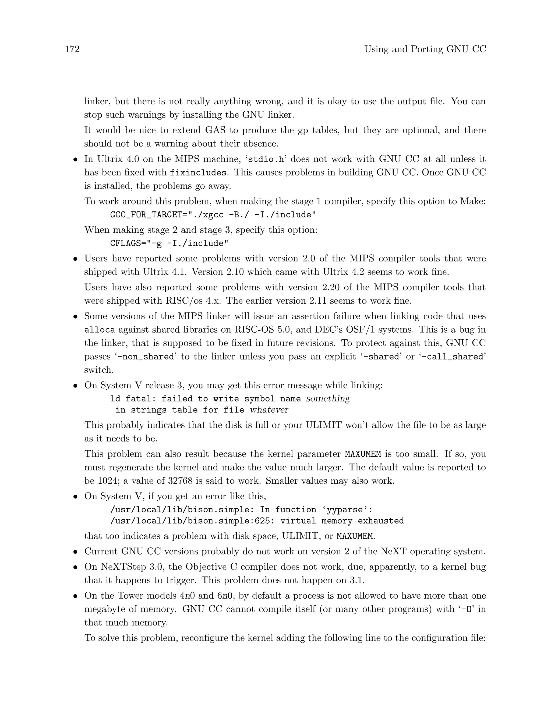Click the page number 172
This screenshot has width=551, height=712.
(x=72, y=49)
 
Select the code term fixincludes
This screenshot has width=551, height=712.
(x=198, y=173)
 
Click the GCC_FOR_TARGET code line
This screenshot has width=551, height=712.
(x=213, y=215)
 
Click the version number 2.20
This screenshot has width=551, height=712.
(x=333, y=287)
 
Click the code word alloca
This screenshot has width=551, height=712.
(x=100, y=330)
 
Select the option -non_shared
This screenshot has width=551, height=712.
(x=146, y=357)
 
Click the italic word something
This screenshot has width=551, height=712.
(x=328, y=399)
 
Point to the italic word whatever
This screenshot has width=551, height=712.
(x=269, y=410)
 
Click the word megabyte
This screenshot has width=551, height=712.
(x=106, y=609)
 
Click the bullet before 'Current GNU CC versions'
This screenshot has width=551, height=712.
(x=75, y=552)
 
